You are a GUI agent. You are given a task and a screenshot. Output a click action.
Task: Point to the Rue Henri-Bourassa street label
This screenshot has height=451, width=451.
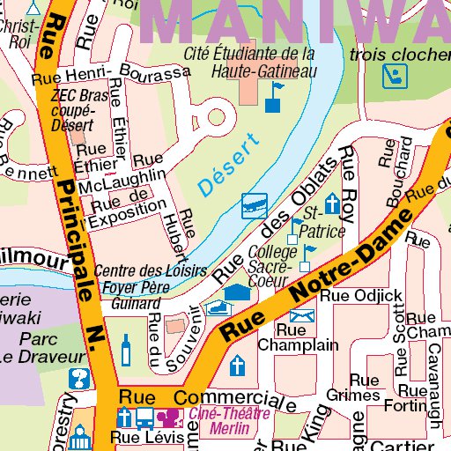(x=110, y=78)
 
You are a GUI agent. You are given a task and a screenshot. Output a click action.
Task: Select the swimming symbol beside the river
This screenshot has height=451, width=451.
(x=255, y=204)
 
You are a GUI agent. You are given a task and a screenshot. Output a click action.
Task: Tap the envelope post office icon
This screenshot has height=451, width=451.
(x=302, y=314)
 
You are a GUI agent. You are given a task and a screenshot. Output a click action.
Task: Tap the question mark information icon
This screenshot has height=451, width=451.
(x=79, y=380)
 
